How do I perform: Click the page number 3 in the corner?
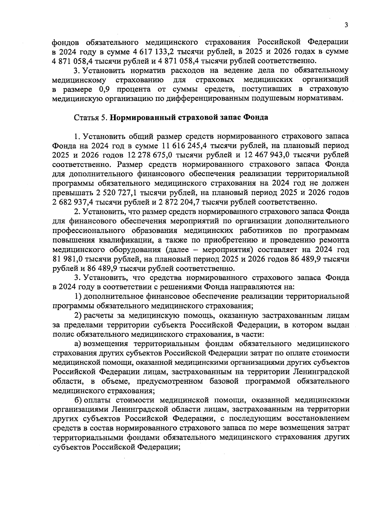pyautogui.click(x=346, y=25)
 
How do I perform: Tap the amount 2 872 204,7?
pyautogui.click(x=178, y=202)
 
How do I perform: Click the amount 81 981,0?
pyautogui.click(x=67, y=259)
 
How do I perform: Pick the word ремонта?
pyautogui.click(x=335, y=240)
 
